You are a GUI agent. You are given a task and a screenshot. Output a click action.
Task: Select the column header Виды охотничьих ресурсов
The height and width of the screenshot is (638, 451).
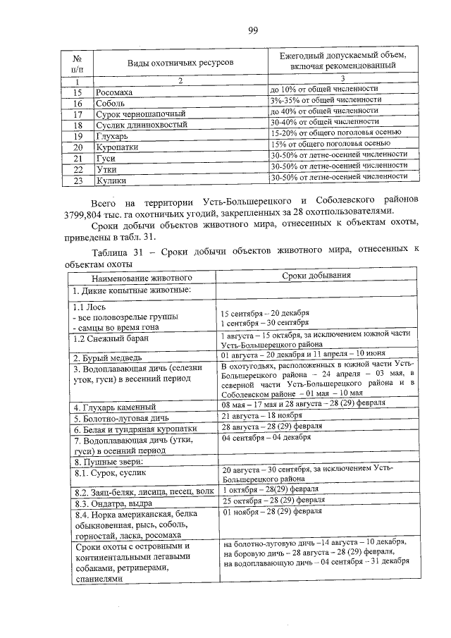point(180,63)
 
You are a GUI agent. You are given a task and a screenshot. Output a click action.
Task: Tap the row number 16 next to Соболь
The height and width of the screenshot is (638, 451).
point(78,103)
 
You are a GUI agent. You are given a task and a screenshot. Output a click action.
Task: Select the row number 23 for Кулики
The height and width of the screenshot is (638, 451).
point(78,180)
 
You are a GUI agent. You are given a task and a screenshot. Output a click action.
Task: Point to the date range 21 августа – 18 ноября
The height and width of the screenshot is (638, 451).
point(264,417)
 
